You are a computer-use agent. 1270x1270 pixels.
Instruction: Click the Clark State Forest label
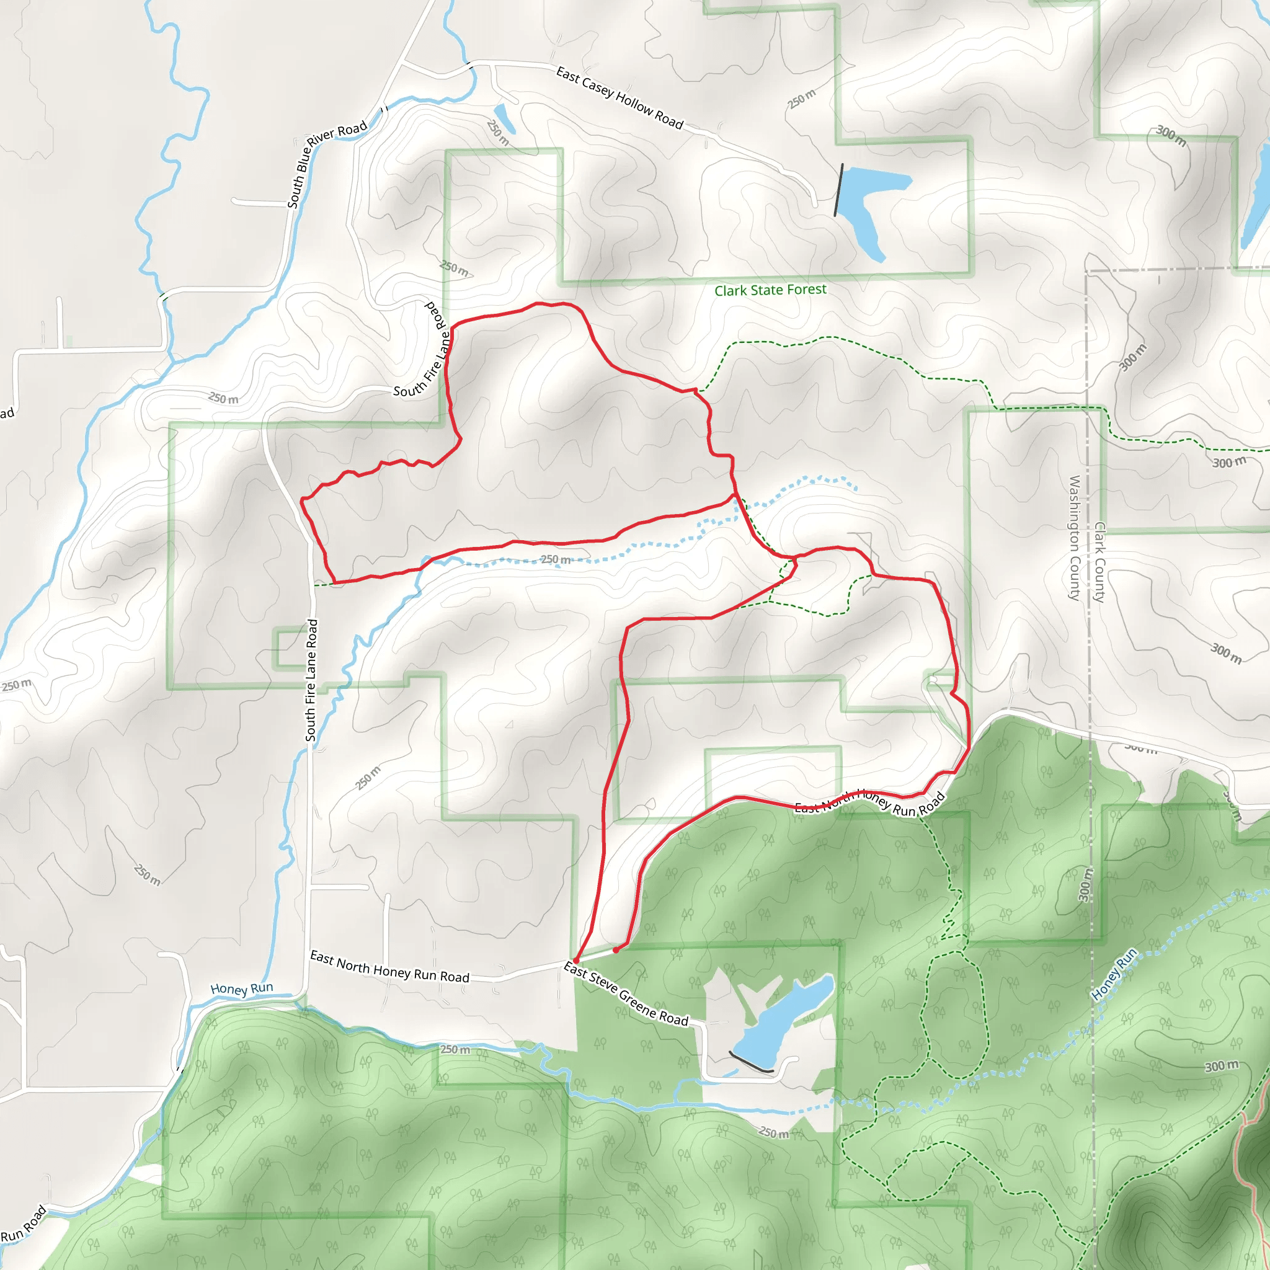point(770,290)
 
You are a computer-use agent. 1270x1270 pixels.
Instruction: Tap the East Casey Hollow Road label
point(619,98)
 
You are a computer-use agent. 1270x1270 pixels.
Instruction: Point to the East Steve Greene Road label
point(625,994)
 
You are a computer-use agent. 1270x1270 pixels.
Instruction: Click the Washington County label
point(1074,538)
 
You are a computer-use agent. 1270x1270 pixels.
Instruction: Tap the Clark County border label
point(1099,562)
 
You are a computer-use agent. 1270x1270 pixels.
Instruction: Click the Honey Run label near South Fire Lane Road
point(241,988)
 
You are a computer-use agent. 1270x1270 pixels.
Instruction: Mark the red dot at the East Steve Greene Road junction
point(576,961)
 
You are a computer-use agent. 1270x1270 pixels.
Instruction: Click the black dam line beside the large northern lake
point(838,190)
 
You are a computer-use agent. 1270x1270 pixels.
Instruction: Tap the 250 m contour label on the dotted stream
point(556,559)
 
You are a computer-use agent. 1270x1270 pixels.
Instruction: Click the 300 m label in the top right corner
point(1171,135)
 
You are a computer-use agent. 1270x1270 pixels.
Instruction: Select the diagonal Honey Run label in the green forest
point(1114,974)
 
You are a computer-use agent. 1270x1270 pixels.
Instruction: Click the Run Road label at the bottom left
point(24,1224)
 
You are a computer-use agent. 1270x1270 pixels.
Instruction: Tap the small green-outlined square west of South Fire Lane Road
point(290,648)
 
